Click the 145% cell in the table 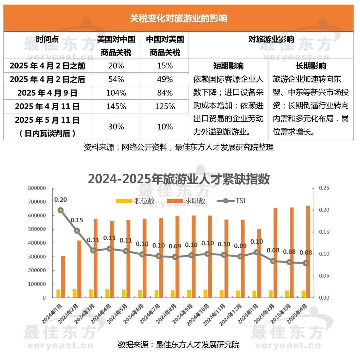click(x=116, y=106)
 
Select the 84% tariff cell click(x=165, y=93)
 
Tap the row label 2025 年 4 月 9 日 click(x=47, y=93)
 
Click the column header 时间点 click(x=47, y=39)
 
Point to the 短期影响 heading click(x=228, y=66)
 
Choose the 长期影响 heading click(x=311, y=66)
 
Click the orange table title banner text click(x=179, y=18)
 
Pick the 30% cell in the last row click(x=116, y=127)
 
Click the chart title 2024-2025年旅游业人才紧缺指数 click(x=179, y=179)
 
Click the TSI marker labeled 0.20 click(x=60, y=210)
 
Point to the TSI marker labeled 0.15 click(x=77, y=231)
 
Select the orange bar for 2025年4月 click(x=308, y=252)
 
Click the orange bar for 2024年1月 click(x=63, y=277)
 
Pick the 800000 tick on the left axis click(x=37, y=188)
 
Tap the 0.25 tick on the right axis click(x=324, y=188)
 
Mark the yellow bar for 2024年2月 click(x=75, y=293)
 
